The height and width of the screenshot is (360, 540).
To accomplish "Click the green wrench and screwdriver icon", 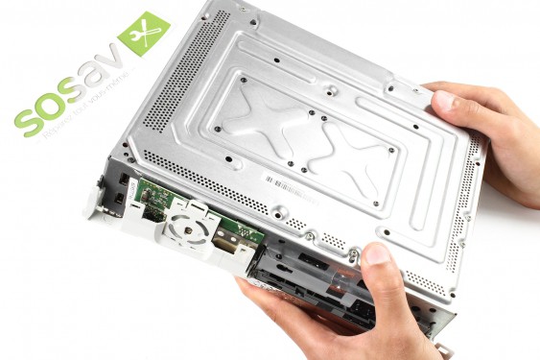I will pos(143,35).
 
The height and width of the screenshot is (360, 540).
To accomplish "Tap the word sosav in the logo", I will pos(64,103).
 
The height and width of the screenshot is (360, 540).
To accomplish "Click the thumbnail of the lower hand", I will pos(375,255).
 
